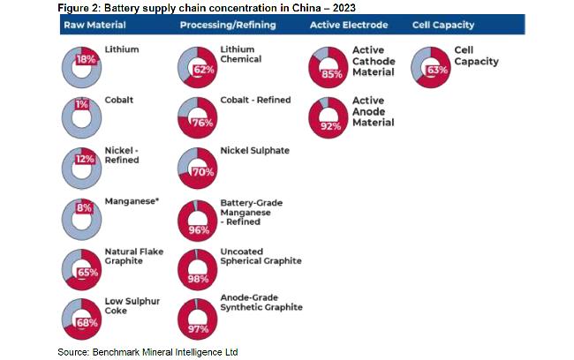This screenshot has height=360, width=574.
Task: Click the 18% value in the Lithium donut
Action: tap(86, 59)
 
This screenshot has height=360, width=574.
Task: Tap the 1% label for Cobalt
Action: tap(82, 105)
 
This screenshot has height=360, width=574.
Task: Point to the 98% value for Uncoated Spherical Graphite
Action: tap(198, 279)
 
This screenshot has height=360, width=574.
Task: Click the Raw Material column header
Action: tap(94, 25)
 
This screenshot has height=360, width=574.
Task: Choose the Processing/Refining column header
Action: tap(228, 25)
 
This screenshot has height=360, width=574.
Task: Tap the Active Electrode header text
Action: tap(349, 25)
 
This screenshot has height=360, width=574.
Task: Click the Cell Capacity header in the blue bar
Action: tap(443, 25)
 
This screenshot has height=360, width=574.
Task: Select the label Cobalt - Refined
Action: tap(255, 100)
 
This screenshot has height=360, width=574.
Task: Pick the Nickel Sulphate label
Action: tap(255, 150)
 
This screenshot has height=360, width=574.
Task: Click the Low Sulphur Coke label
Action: tap(132, 306)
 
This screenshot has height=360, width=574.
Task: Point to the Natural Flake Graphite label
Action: tap(134, 256)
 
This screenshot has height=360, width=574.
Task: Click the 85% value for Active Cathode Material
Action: tap(332, 74)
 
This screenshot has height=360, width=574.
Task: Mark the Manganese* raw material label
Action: tap(132, 201)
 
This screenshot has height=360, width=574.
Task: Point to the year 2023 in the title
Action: tap(344, 8)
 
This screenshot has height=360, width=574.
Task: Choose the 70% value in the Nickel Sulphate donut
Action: tap(203, 172)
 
